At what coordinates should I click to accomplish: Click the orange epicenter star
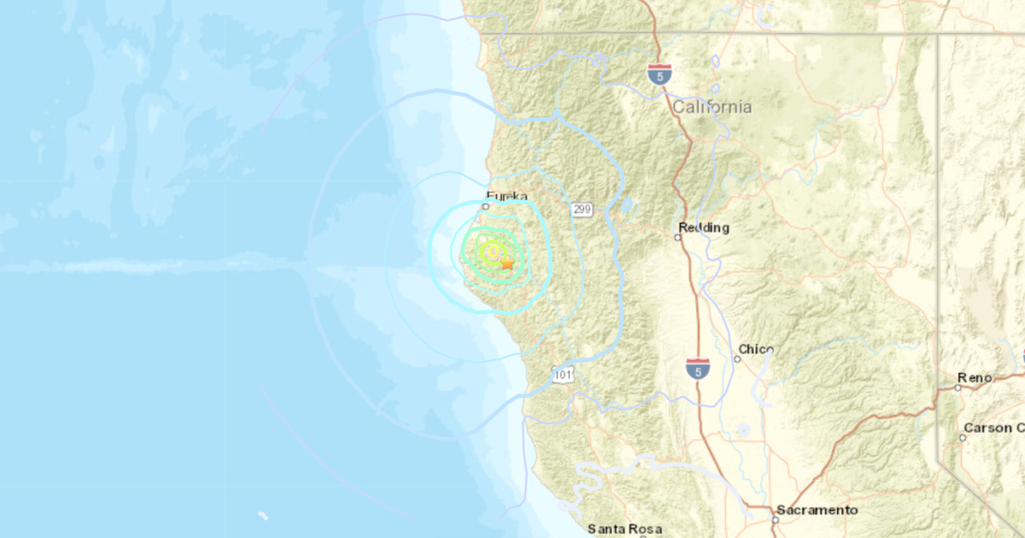pos(507,264)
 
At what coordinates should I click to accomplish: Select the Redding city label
pos(704,228)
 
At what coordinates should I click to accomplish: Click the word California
pos(712,108)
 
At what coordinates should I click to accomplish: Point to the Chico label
pos(756,349)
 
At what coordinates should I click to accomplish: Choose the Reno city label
pos(975,377)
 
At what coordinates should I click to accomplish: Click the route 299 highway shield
pos(583,209)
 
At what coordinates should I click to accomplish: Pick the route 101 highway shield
pos(562,374)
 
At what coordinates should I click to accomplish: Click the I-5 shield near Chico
pos(697,369)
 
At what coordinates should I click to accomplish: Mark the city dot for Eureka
pos(485,206)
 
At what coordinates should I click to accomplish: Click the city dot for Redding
pos(677,237)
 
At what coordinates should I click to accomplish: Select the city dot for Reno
pos(958,387)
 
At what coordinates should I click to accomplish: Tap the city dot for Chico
pos(737,359)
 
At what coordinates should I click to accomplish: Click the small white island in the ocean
pos(263,516)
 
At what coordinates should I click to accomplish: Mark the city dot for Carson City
pos(962,437)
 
